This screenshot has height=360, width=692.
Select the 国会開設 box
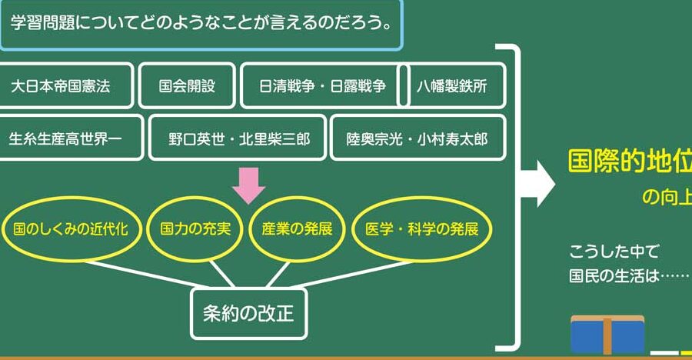pyautogui.click(x=187, y=85)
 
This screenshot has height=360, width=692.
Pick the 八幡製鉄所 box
pyautogui.click(x=452, y=85)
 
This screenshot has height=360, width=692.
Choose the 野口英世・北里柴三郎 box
pyautogui.click(x=238, y=138)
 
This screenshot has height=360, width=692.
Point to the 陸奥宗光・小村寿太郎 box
pyautogui.click(x=418, y=138)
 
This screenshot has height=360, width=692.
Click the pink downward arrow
pyautogui.click(x=249, y=185)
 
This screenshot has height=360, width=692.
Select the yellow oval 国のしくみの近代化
pyautogui.click(x=71, y=228)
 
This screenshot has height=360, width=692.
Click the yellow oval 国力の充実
pyautogui.click(x=195, y=228)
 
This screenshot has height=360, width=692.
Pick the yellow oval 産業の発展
pyautogui.click(x=297, y=228)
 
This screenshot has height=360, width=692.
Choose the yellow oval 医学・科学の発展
pyautogui.click(x=421, y=228)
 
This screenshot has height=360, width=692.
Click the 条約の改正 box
pyautogui.click(x=249, y=314)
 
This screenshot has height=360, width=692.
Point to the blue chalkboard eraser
pyautogui.click(x=607, y=335)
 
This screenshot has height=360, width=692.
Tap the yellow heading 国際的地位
pyautogui.click(x=630, y=162)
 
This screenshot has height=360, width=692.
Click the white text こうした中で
pyautogui.click(x=614, y=252)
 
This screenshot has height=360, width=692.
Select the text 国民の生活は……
pyautogui.click(x=629, y=276)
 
